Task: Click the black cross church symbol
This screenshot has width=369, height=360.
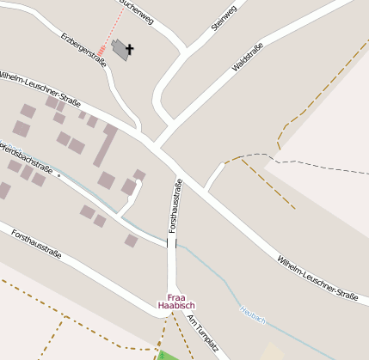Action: coord(131,50)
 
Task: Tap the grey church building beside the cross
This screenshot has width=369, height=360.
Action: coord(120,50)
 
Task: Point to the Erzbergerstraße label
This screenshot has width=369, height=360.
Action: coord(84,50)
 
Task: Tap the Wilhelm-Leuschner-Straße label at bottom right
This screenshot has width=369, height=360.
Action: coord(317,277)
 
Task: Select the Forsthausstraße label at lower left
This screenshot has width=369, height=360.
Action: coord(34,241)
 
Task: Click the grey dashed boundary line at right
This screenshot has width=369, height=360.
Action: coord(327,162)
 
